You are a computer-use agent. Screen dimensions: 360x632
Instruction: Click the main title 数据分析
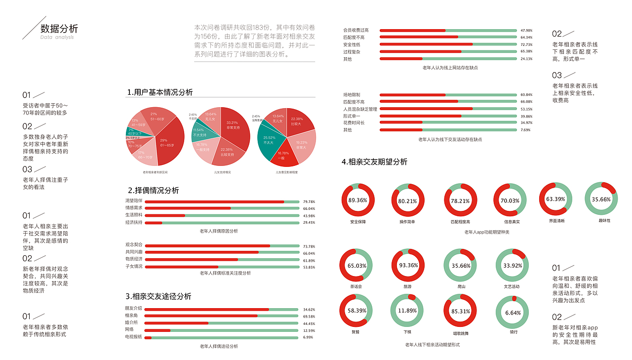pyautogui.click(x=59, y=28)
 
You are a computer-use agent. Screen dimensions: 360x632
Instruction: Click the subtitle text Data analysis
pyautogui.click(x=57, y=38)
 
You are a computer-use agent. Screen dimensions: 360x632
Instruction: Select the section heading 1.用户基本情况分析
pyautogui.click(x=159, y=92)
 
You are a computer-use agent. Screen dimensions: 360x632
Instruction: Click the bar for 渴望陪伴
pyautogui.click(x=222, y=201)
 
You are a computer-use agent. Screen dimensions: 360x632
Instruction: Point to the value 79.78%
pyautogui.click(x=309, y=201)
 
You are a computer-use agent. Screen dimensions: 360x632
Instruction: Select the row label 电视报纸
pyautogui.click(x=133, y=337)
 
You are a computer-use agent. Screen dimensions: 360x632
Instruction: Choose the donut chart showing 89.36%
pyautogui.click(x=357, y=200)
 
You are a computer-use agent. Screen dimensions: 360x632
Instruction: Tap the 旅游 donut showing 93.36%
pyautogui.click(x=408, y=265)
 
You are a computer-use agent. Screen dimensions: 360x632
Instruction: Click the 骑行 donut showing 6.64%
pyautogui.click(x=513, y=312)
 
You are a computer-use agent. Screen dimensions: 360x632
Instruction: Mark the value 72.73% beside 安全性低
pyautogui.click(x=526, y=45)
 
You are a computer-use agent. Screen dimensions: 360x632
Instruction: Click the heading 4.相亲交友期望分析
pyautogui.click(x=374, y=161)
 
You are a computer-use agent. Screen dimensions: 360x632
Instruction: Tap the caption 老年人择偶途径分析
pyautogui.click(x=219, y=346)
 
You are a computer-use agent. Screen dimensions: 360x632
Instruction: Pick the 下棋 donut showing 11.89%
pyautogui.click(x=407, y=311)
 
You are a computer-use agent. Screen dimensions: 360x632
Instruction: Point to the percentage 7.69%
pyautogui.click(x=526, y=130)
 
